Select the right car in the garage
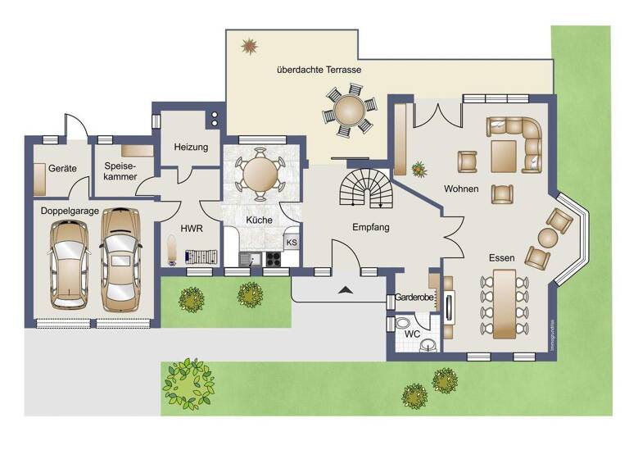point(119,256)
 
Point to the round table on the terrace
point(349,113)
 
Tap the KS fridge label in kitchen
point(292,243)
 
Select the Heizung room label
point(191,148)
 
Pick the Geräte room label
point(62,168)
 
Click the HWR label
point(191,229)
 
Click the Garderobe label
point(414,297)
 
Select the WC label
point(412,334)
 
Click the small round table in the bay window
point(548,239)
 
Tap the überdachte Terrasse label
point(319,70)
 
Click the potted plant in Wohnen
point(420,170)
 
